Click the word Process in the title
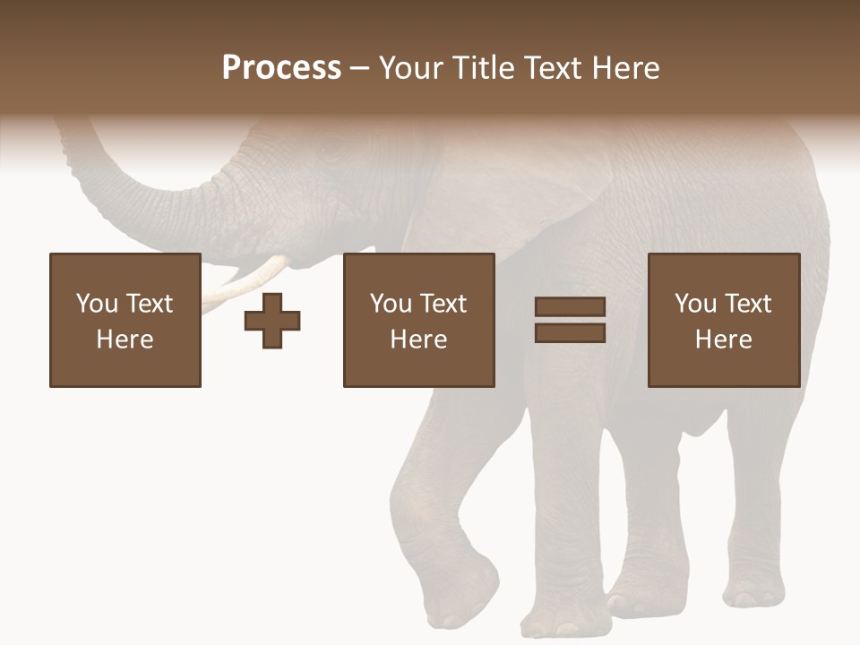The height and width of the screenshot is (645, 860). [x=281, y=68]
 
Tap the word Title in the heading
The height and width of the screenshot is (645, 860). [x=483, y=68]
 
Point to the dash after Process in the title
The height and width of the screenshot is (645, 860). [x=360, y=69]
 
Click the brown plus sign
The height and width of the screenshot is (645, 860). [x=272, y=321]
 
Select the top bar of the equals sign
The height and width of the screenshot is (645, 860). [x=570, y=306]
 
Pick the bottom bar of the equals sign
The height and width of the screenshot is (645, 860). [x=570, y=332]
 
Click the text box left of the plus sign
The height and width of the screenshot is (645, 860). [x=125, y=320]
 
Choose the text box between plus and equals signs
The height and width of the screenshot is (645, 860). [x=418, y=320]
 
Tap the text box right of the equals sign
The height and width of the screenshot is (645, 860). [x=723, y=320]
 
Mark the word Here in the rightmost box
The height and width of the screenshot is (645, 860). [x=723, y=340]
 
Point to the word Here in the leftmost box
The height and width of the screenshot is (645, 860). [x=125, y=340]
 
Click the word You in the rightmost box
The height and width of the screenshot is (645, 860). [x=695, y=304]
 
